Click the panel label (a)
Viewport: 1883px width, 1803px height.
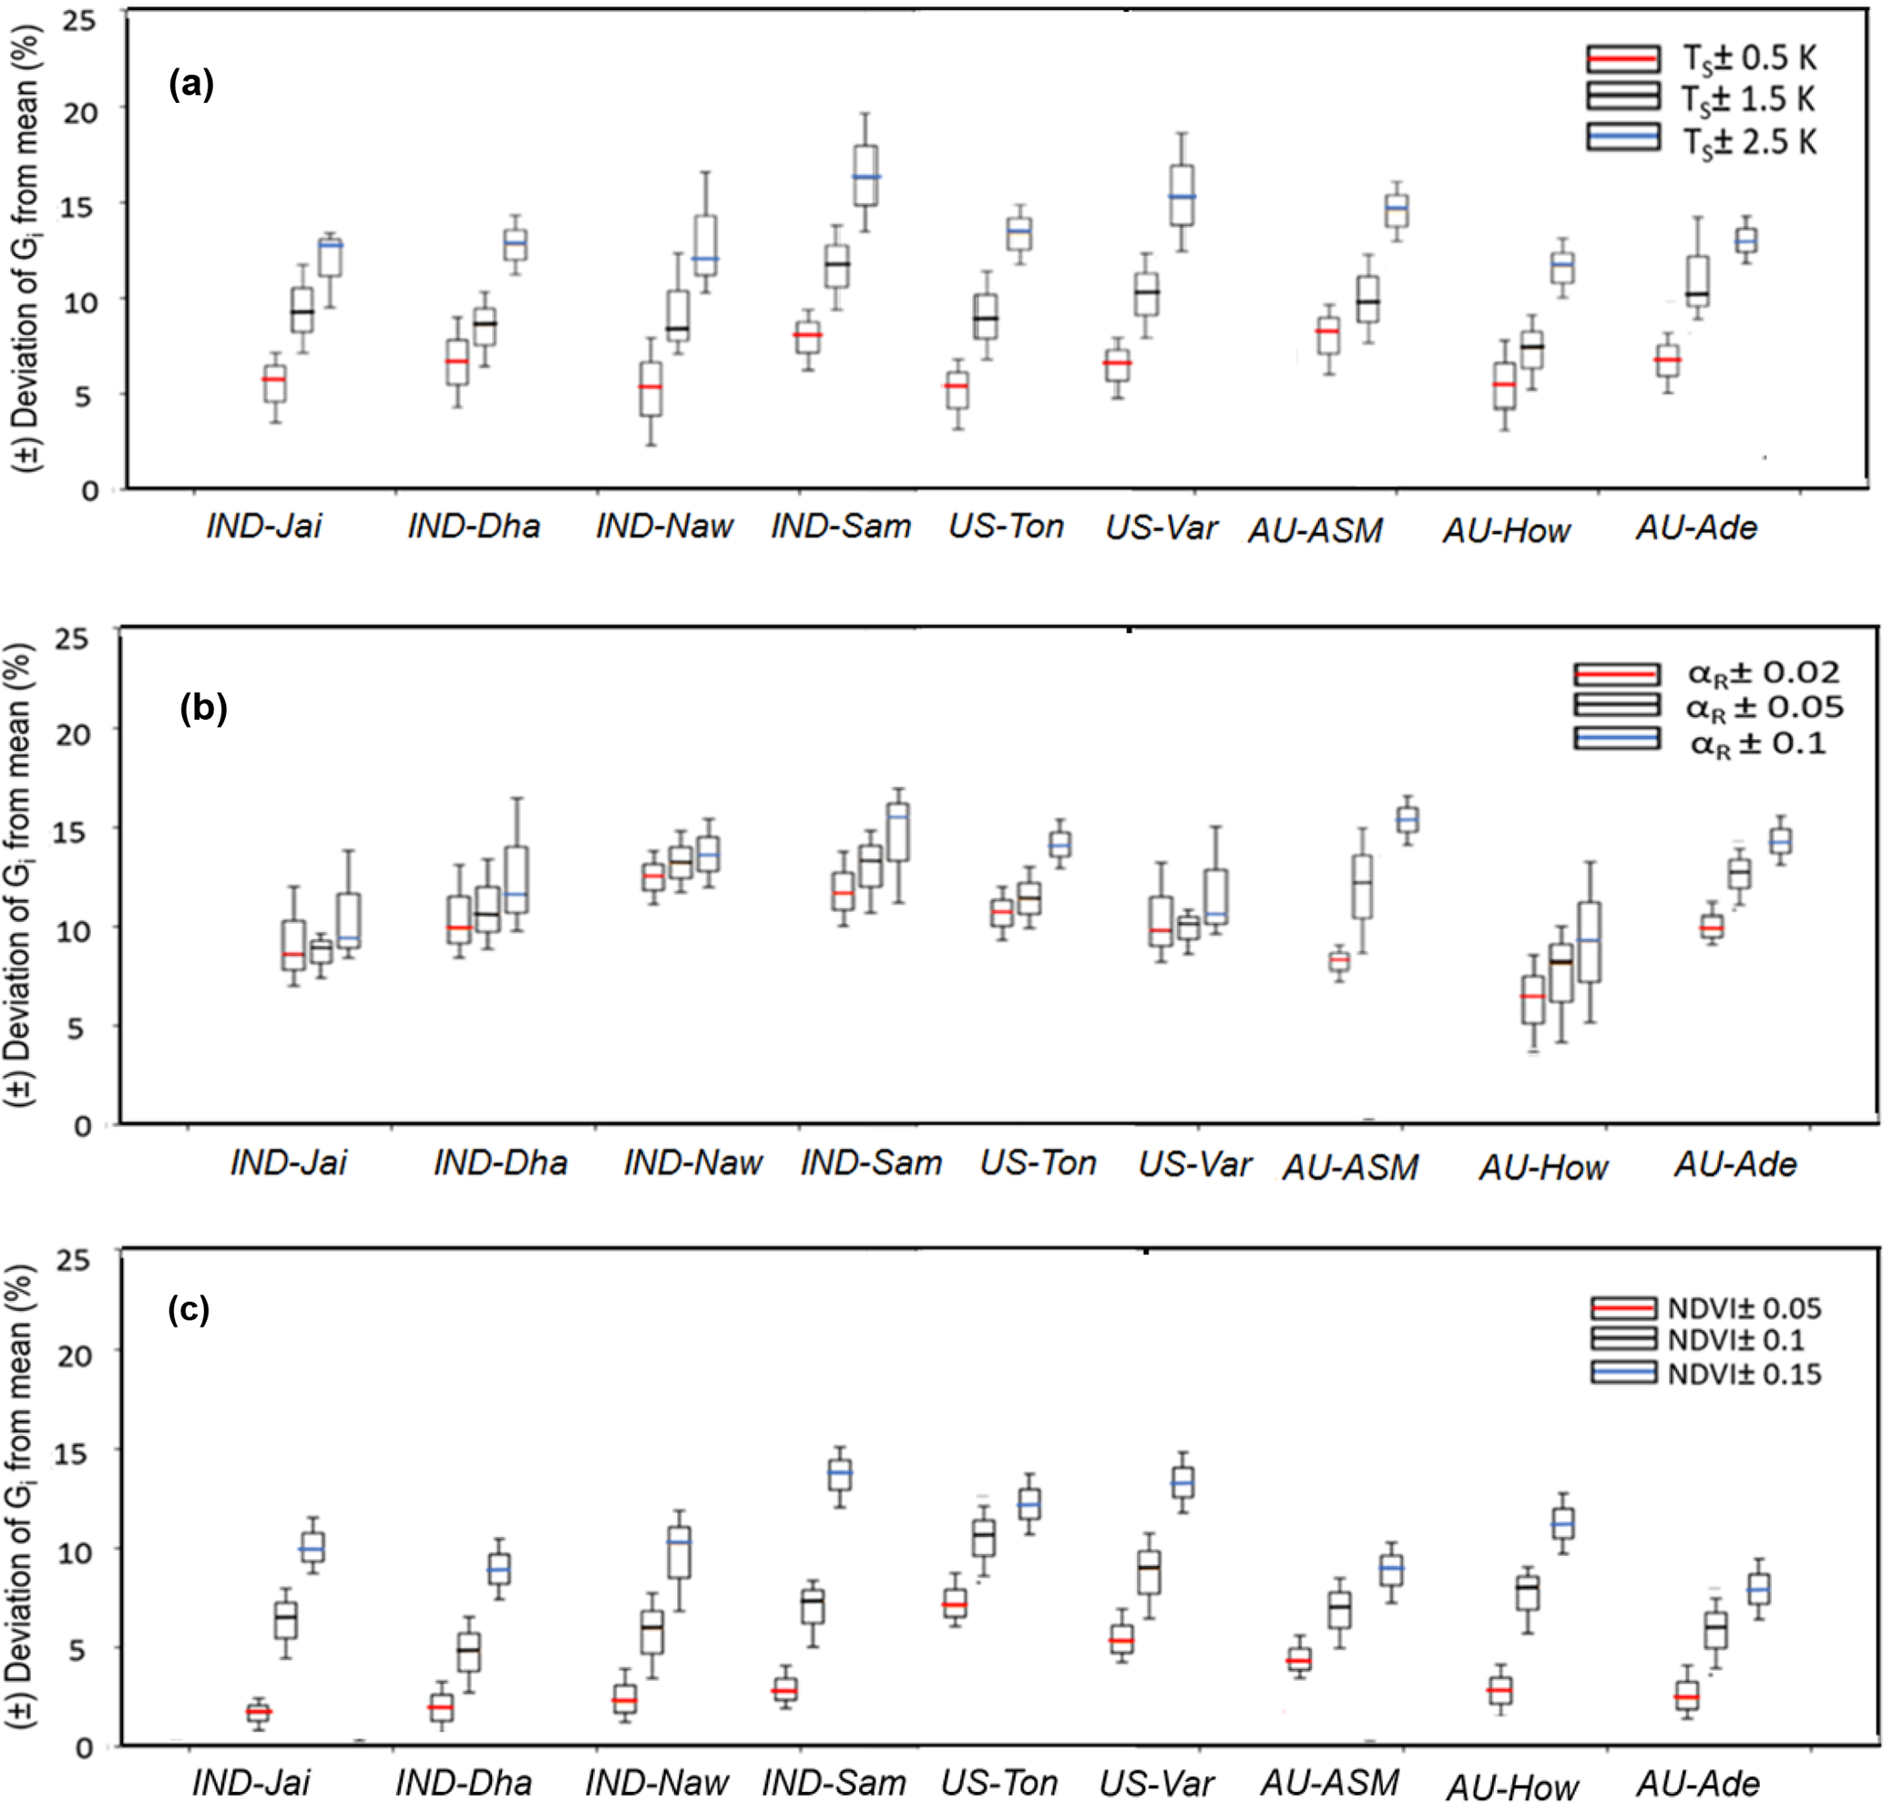(x=190, y=85)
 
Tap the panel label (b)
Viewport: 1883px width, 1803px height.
(x=204, y=708)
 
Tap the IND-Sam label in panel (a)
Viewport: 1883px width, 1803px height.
(x=841, y=527)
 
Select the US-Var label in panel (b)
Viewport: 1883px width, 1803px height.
(x=1194, y=1164)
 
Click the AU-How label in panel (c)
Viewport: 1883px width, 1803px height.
(x=1512, y=1788)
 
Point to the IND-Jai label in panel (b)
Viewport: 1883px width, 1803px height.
(x=288, y=1163)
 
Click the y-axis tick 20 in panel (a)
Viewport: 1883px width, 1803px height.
(x=82, y=111)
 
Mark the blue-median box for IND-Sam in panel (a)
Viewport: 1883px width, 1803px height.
(x=865, y=176)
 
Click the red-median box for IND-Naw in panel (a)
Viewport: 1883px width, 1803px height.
(x=650, y=388)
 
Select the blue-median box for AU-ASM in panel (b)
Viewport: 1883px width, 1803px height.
(x=1407, y=819)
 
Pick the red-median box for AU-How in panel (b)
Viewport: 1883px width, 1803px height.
(x=1532, y=999)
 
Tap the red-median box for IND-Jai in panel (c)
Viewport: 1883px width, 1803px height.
(x=259, y=1711)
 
